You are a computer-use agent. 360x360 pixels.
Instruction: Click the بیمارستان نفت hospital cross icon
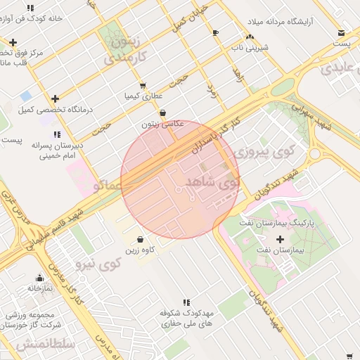[280, 239]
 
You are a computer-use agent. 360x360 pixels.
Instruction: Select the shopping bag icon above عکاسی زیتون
[162, 112]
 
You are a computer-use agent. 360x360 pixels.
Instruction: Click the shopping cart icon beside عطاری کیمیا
[143, 86]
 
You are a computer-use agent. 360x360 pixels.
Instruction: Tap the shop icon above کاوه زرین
[141, 239]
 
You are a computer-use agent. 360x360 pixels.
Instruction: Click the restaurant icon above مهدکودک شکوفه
[186, 302]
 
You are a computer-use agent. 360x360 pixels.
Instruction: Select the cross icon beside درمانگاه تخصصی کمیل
[55, 98]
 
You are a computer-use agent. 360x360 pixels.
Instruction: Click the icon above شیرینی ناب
[249, 37]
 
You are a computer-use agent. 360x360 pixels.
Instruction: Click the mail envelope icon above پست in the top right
[342, 32]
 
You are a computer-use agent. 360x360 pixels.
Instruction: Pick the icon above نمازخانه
[39, 278]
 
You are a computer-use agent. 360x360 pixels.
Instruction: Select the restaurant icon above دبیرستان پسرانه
[57, 134]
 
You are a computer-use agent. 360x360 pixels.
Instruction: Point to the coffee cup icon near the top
[215, 33]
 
